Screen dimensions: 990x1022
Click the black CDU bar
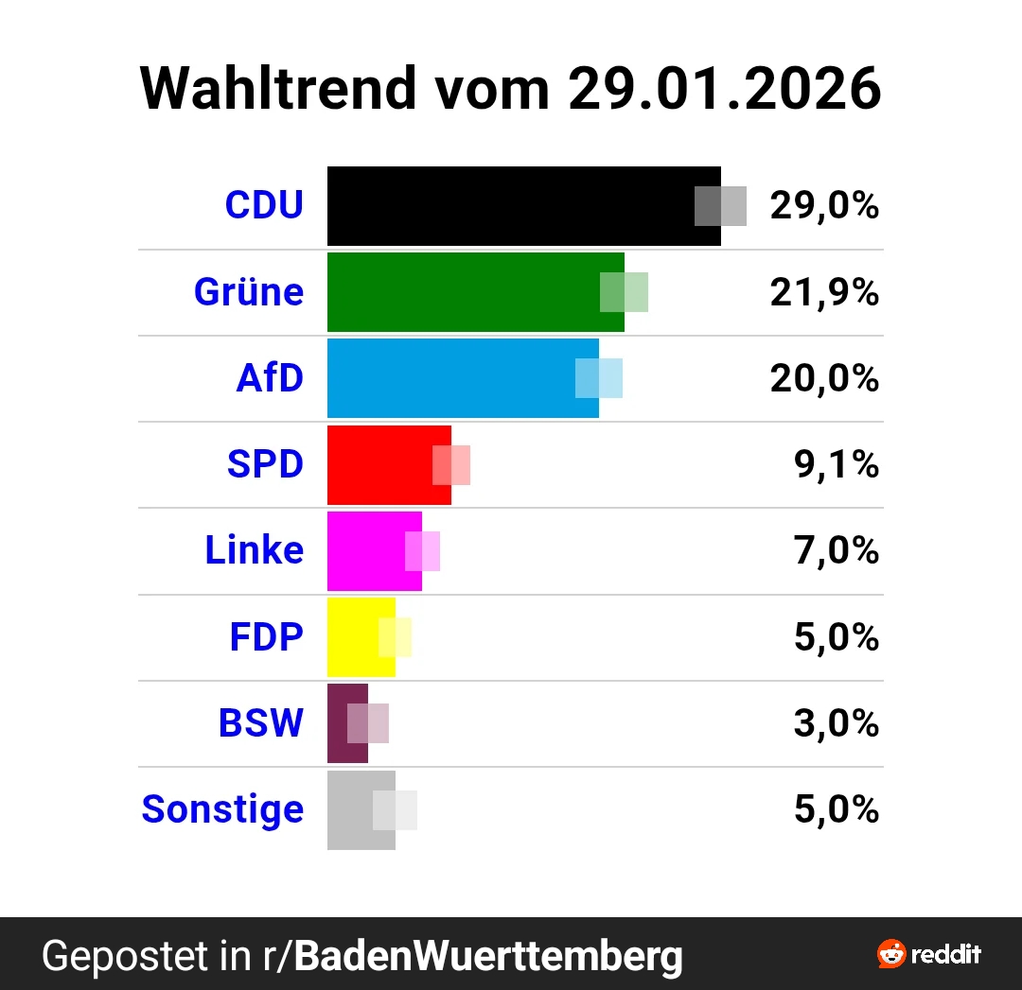click(x=511, y=206)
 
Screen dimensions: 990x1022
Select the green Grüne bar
click(x=464, y=292)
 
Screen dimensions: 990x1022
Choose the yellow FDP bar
click(x=353, y=637)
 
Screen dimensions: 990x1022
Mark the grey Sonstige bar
click(x=350, y=810)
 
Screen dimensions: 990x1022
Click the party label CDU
click(x=264, y=205)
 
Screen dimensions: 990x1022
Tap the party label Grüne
click(x=249, y=292)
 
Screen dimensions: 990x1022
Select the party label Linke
click(x=255, y=550)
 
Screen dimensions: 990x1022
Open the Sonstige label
click(x=222, y=809)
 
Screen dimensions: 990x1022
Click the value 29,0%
click(x=824, y=206)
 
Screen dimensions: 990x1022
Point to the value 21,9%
click(x=824, y=293)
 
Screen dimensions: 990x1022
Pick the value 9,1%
click(x=837, y=465)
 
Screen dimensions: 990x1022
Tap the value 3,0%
click(x=837, y=724)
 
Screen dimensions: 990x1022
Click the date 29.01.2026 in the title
click(x=724, y=89)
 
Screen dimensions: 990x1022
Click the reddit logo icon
click(x=891, y=954)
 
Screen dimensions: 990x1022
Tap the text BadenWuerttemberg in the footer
click(x=488, y=956)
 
